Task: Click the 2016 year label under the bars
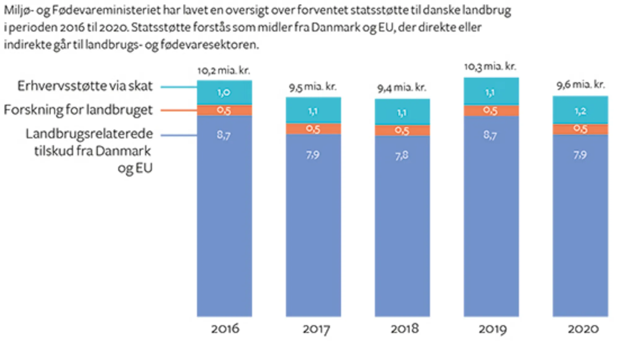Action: click(225, 328)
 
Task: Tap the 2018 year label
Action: click(405, 328)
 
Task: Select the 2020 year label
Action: click(583, 328)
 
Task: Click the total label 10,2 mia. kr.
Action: click(224, 71)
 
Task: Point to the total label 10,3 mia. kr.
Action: click(490, 66)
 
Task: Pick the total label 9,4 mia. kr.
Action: click(402, 88)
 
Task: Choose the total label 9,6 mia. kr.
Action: click(581, 84)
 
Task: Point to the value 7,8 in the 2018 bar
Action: click(402, 155)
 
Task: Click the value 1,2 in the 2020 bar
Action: click(580, 111)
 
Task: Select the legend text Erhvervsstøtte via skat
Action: click(85, 86)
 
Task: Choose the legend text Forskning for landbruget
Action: click(78, 110)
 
